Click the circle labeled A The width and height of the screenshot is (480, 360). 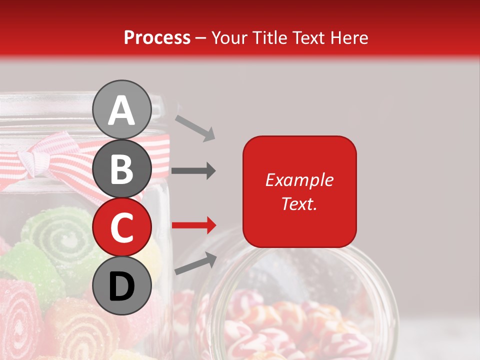coord(122,109)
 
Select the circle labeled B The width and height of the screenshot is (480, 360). coord(122,168)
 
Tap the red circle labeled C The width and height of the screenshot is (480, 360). coord(122,227)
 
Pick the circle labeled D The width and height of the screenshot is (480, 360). coord(122,286)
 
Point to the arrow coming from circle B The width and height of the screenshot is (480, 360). coord(193,171)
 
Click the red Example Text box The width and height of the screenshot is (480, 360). coord(299,191)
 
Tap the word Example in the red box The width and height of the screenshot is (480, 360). coord(299,180)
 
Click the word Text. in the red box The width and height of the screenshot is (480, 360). coord(299,203)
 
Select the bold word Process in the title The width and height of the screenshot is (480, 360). coord(157,37)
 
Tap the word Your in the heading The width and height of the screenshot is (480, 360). coord(231,37)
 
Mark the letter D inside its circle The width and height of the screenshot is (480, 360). coord(122,286)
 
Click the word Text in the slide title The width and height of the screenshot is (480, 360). coord(308,37)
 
